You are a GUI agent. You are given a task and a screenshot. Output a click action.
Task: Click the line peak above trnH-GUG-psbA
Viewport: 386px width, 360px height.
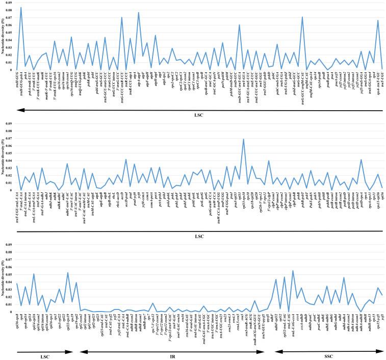click(21, 8)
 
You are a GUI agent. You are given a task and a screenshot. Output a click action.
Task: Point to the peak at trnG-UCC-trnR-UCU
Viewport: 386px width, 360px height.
click(122, 18)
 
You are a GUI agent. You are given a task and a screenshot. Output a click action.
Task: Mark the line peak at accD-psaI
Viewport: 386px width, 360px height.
click(126, 160)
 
